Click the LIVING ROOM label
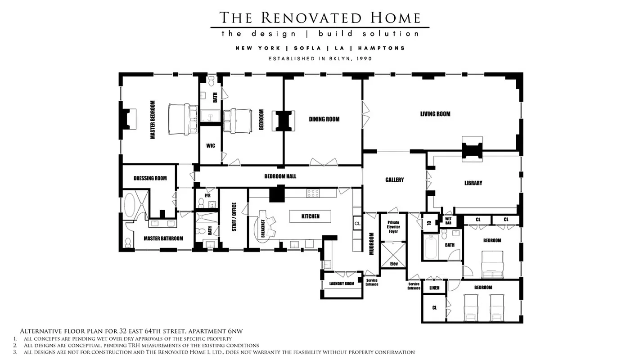(x=435, y=114)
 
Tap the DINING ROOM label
(x=324, y=119)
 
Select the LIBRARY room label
(x=473, y=183)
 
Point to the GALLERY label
(x=394, y=180)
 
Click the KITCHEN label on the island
(x=311, y=216)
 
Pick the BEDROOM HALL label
(x=280, y=176)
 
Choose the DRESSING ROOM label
(x=150, y=178)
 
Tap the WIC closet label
(x=210, y=146)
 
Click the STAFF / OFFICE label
(x=234, y=217)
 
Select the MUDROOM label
(x=372, y=243)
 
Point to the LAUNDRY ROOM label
(x=342, y=283)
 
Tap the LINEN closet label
(x=434, y=288)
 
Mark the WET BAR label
(x=448, y=221)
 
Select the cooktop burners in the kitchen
(x=313, y=193)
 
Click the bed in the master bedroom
(x=183, y=119)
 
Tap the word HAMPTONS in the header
(x=387, y=48)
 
